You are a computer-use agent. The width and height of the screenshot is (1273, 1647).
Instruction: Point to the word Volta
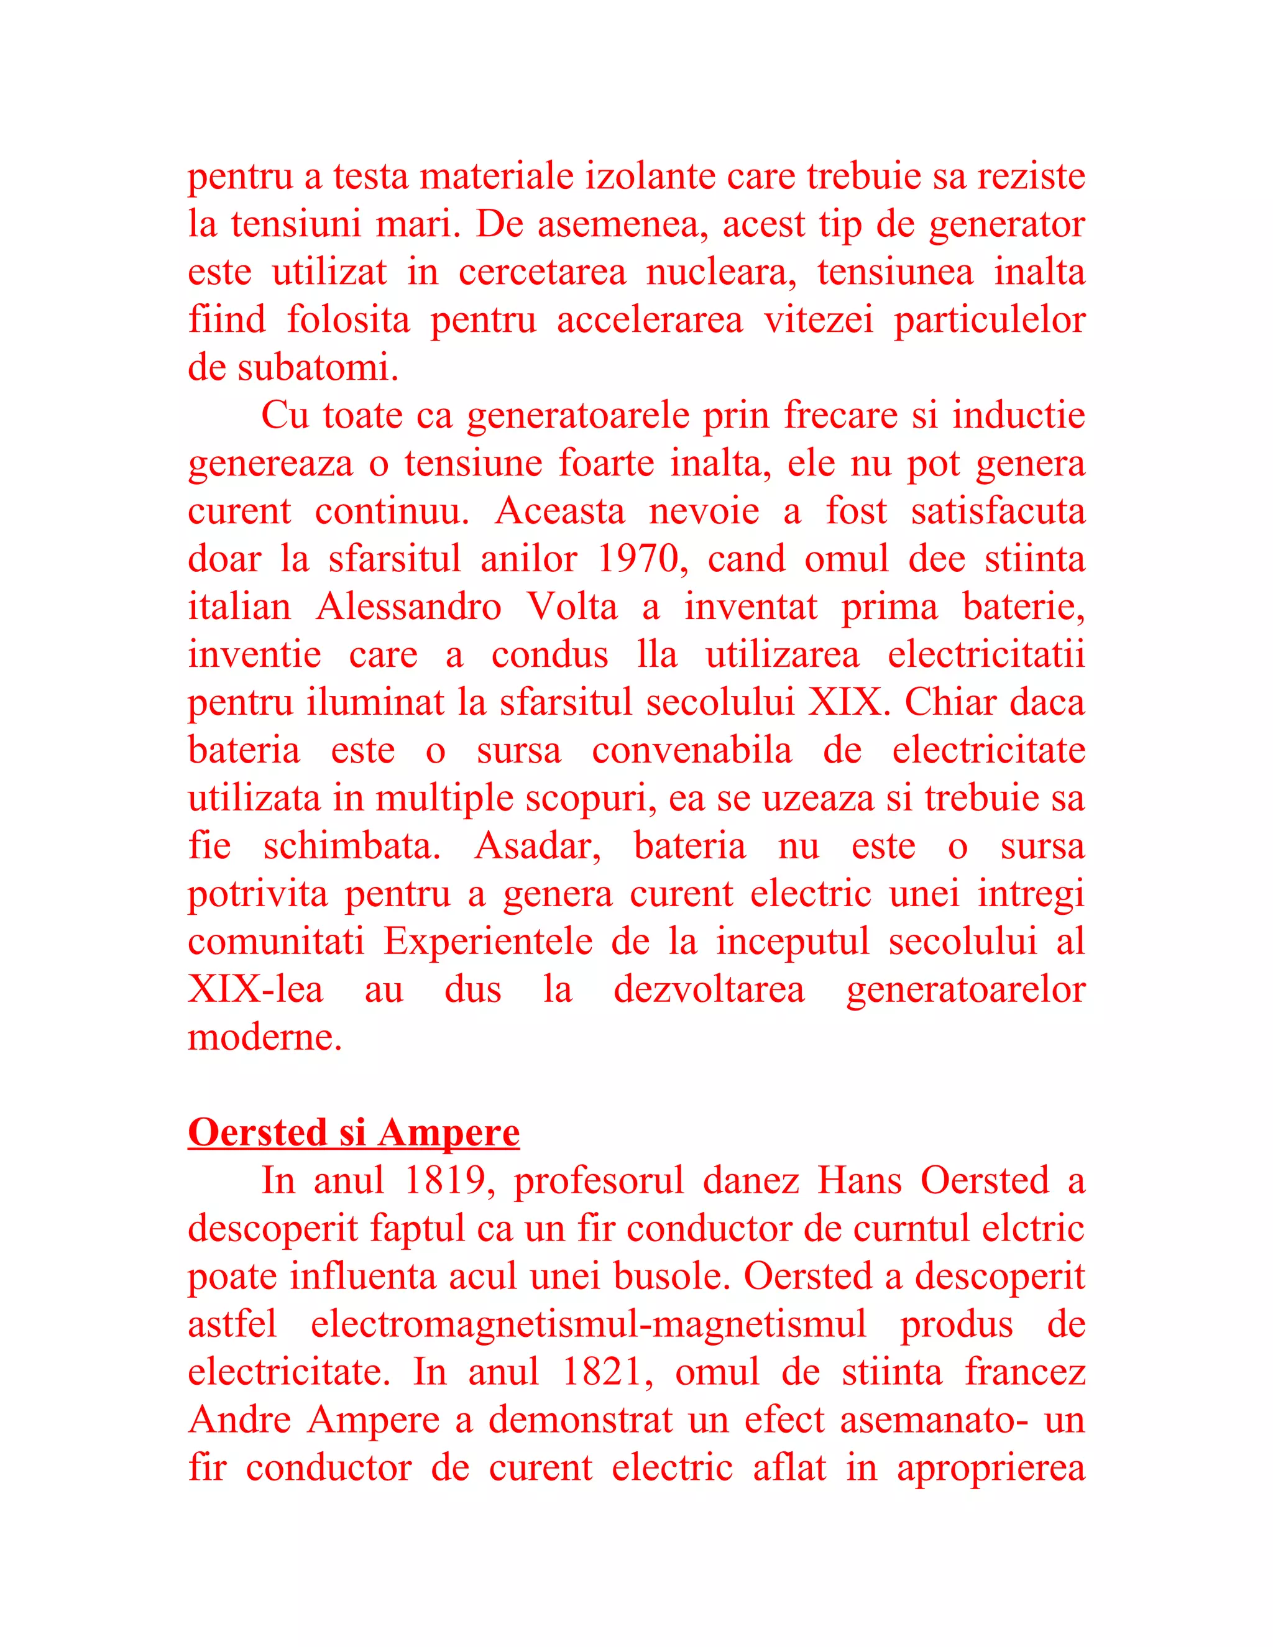pos(571,607)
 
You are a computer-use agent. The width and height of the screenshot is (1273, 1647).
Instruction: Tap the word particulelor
pos(989,321)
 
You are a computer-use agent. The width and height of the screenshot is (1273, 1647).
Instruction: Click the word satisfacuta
pos(998,512)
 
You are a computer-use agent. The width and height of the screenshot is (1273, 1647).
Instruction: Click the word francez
pos(1025,1372)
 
